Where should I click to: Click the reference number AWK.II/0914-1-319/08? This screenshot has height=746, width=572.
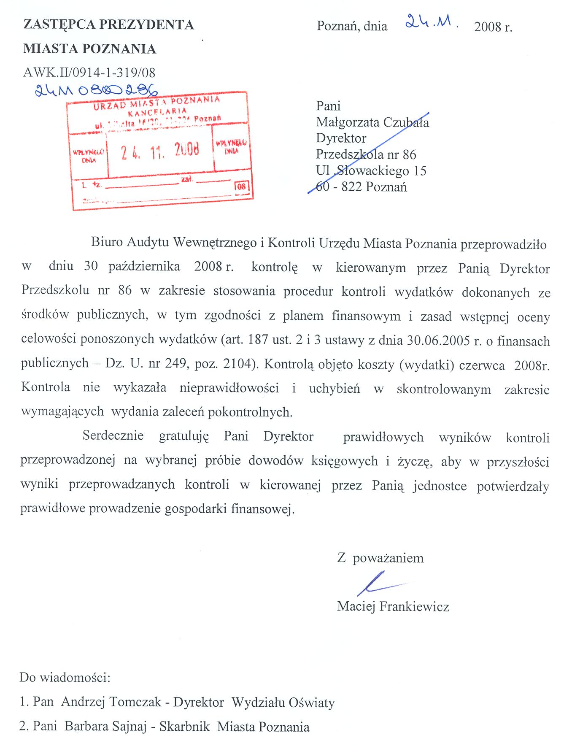(x=89, y=73)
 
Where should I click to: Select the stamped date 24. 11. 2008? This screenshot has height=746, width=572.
(x=160, y=151)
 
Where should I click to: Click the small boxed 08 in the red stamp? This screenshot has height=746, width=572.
(x=241, y=186)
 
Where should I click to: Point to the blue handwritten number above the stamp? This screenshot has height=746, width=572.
(x=96, y=90)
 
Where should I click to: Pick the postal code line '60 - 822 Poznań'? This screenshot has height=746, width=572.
(x=362, y=186)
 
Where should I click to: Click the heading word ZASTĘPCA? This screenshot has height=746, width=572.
(x=59, y=24)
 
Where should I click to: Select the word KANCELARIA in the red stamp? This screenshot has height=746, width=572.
(x=157, y=112)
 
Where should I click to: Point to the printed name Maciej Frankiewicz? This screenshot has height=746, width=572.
(x=393, y=606)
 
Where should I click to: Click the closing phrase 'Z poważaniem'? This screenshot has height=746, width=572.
(x=380, y=558)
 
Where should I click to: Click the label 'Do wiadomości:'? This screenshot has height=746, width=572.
(x=65, y=677)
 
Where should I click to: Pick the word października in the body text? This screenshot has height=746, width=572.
(x=144, y=267)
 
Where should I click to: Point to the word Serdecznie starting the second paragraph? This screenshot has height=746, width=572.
(x=113, y=435)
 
